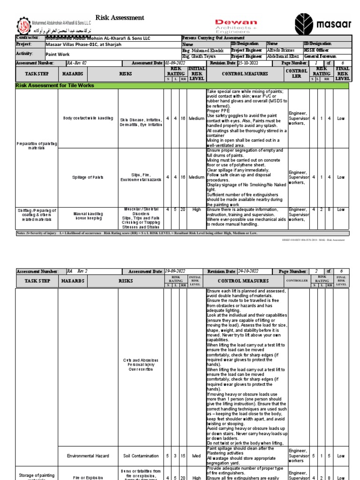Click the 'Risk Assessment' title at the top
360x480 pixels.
tap(120, 18)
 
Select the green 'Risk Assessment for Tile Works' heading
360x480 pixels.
tap(55, 86)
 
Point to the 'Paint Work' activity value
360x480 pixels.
tap(57, 54)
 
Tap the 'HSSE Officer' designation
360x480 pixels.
tap(316, 50)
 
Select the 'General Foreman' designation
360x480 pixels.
tap(320, 56)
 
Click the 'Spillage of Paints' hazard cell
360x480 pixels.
tap(88, 178)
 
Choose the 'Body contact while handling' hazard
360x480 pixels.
tap(88, 118)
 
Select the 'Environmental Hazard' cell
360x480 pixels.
tap(88, 456)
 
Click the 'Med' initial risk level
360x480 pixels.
tap(196, 456)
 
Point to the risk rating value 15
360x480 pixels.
tap(183, 456)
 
